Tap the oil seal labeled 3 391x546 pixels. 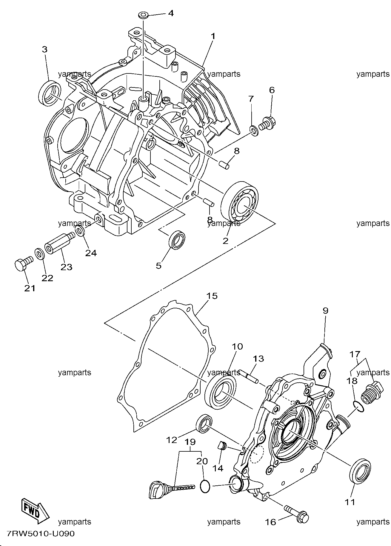pyautogui.click(x=50, y=93)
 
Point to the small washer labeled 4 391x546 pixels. pyautogui.click(x=144, y=15)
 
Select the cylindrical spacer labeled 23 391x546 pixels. pyautogui.click(x=60, y=243)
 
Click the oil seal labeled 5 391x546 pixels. pyautogui.click(x=177, y=240)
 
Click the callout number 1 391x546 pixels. pyautogui.click(x=213, y=36)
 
